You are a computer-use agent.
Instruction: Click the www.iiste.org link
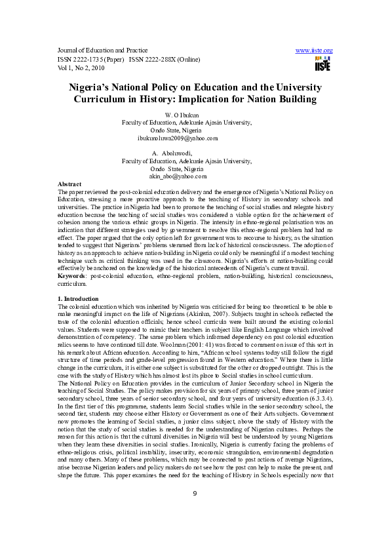315,50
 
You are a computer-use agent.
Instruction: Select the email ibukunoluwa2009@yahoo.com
177,139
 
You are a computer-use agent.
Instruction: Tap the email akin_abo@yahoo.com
178,177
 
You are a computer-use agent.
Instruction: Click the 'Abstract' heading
69,184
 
